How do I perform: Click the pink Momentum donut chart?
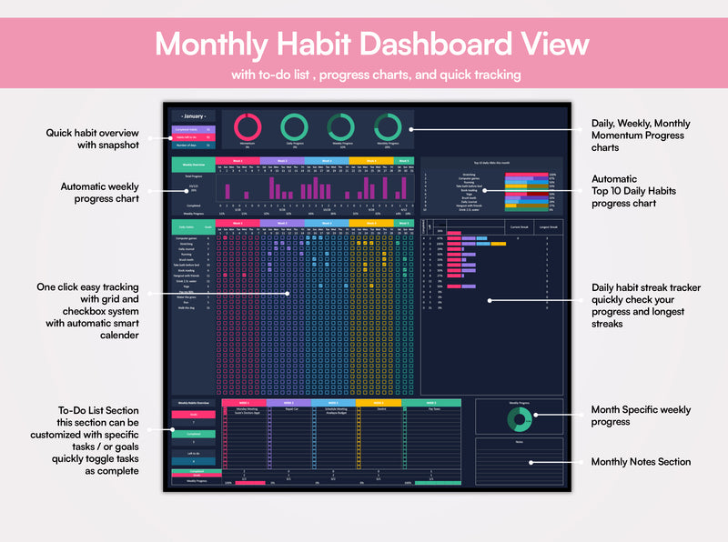248,127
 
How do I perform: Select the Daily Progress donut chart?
294,127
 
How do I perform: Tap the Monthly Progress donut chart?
388,127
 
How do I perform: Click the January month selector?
193,116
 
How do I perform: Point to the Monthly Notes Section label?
641,462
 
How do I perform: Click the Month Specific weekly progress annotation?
641,416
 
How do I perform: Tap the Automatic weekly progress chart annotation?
100,192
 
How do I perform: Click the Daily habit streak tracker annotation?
646,306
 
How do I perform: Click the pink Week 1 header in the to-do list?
244,401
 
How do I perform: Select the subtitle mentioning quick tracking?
363,75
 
